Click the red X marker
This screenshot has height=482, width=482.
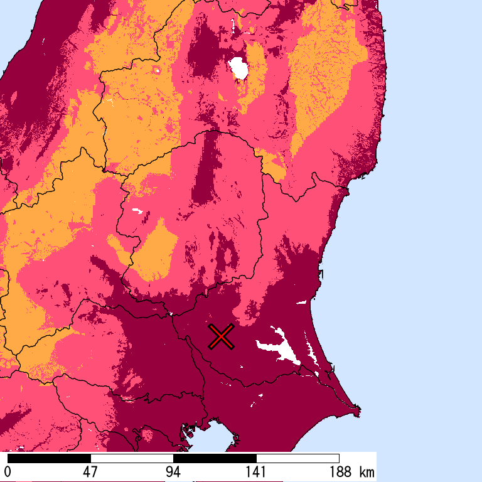click(221, 337)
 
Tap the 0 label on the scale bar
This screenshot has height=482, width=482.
click(8, 472)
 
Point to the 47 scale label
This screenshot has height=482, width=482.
click(90, 472)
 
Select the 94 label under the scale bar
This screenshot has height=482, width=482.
click(173, 472)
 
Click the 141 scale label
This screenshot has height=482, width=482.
click(256, 472)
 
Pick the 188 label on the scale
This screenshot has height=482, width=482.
click(339, 472)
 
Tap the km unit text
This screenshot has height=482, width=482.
click(367, 472)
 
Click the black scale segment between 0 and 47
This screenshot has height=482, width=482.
click(49, 458)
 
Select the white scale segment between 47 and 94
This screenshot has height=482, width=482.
click(132, 458)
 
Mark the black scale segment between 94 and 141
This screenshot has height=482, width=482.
click(215, 458)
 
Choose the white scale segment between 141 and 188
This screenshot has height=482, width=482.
click(297, 458)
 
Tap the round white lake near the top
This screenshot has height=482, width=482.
click(238, 68)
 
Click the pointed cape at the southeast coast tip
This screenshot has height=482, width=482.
click(358, 412)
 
